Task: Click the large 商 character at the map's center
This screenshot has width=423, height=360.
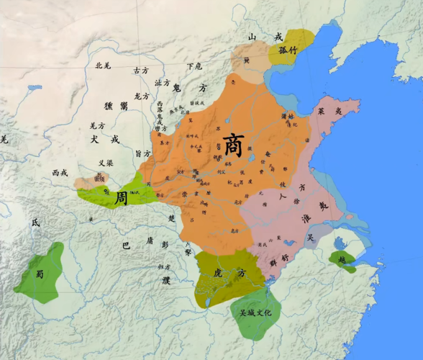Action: tap(232, 143)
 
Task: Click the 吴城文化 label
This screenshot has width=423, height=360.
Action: tap(251, 314)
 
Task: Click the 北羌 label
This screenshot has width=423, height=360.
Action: tap(104, 66)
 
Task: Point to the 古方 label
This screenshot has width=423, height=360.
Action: tap(140, 71)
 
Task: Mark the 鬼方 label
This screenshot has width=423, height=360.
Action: tap(190, 88)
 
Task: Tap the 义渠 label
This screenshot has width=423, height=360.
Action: tap(106, 162)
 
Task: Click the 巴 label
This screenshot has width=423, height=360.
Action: tap(126, 246)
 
